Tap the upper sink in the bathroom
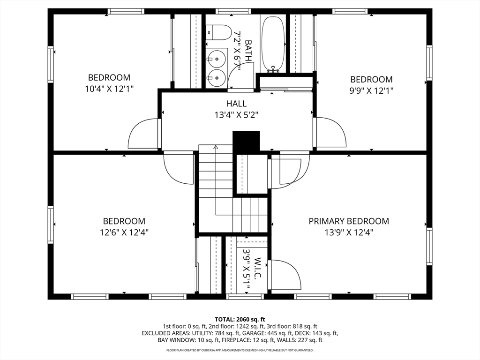pos(217,59)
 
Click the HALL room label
pos(236,104)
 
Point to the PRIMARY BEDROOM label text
pos(348,221)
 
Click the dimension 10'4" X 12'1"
pos(109,88)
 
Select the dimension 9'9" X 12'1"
pos(371,90)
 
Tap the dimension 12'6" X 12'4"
pos(124,232)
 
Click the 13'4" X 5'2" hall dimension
pos(236,114)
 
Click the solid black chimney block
pos(246,141)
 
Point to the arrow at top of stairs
pos(216,147)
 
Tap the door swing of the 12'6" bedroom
pos(179,169)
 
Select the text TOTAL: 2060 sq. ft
pos(240,319)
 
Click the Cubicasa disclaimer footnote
pos(240,350)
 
